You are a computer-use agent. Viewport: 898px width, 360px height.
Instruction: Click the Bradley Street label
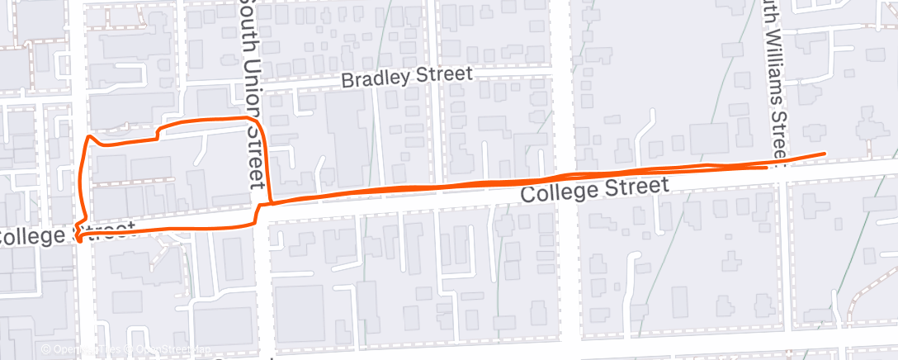tap(407, 77)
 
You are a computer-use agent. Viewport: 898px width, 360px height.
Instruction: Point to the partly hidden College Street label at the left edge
tap(66, 234)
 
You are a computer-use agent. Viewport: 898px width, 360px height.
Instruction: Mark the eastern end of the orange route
tap(825, 154)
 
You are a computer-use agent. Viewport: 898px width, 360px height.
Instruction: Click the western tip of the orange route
tap(77, 239)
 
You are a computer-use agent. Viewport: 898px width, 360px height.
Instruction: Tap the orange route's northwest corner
tap(88, 135)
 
